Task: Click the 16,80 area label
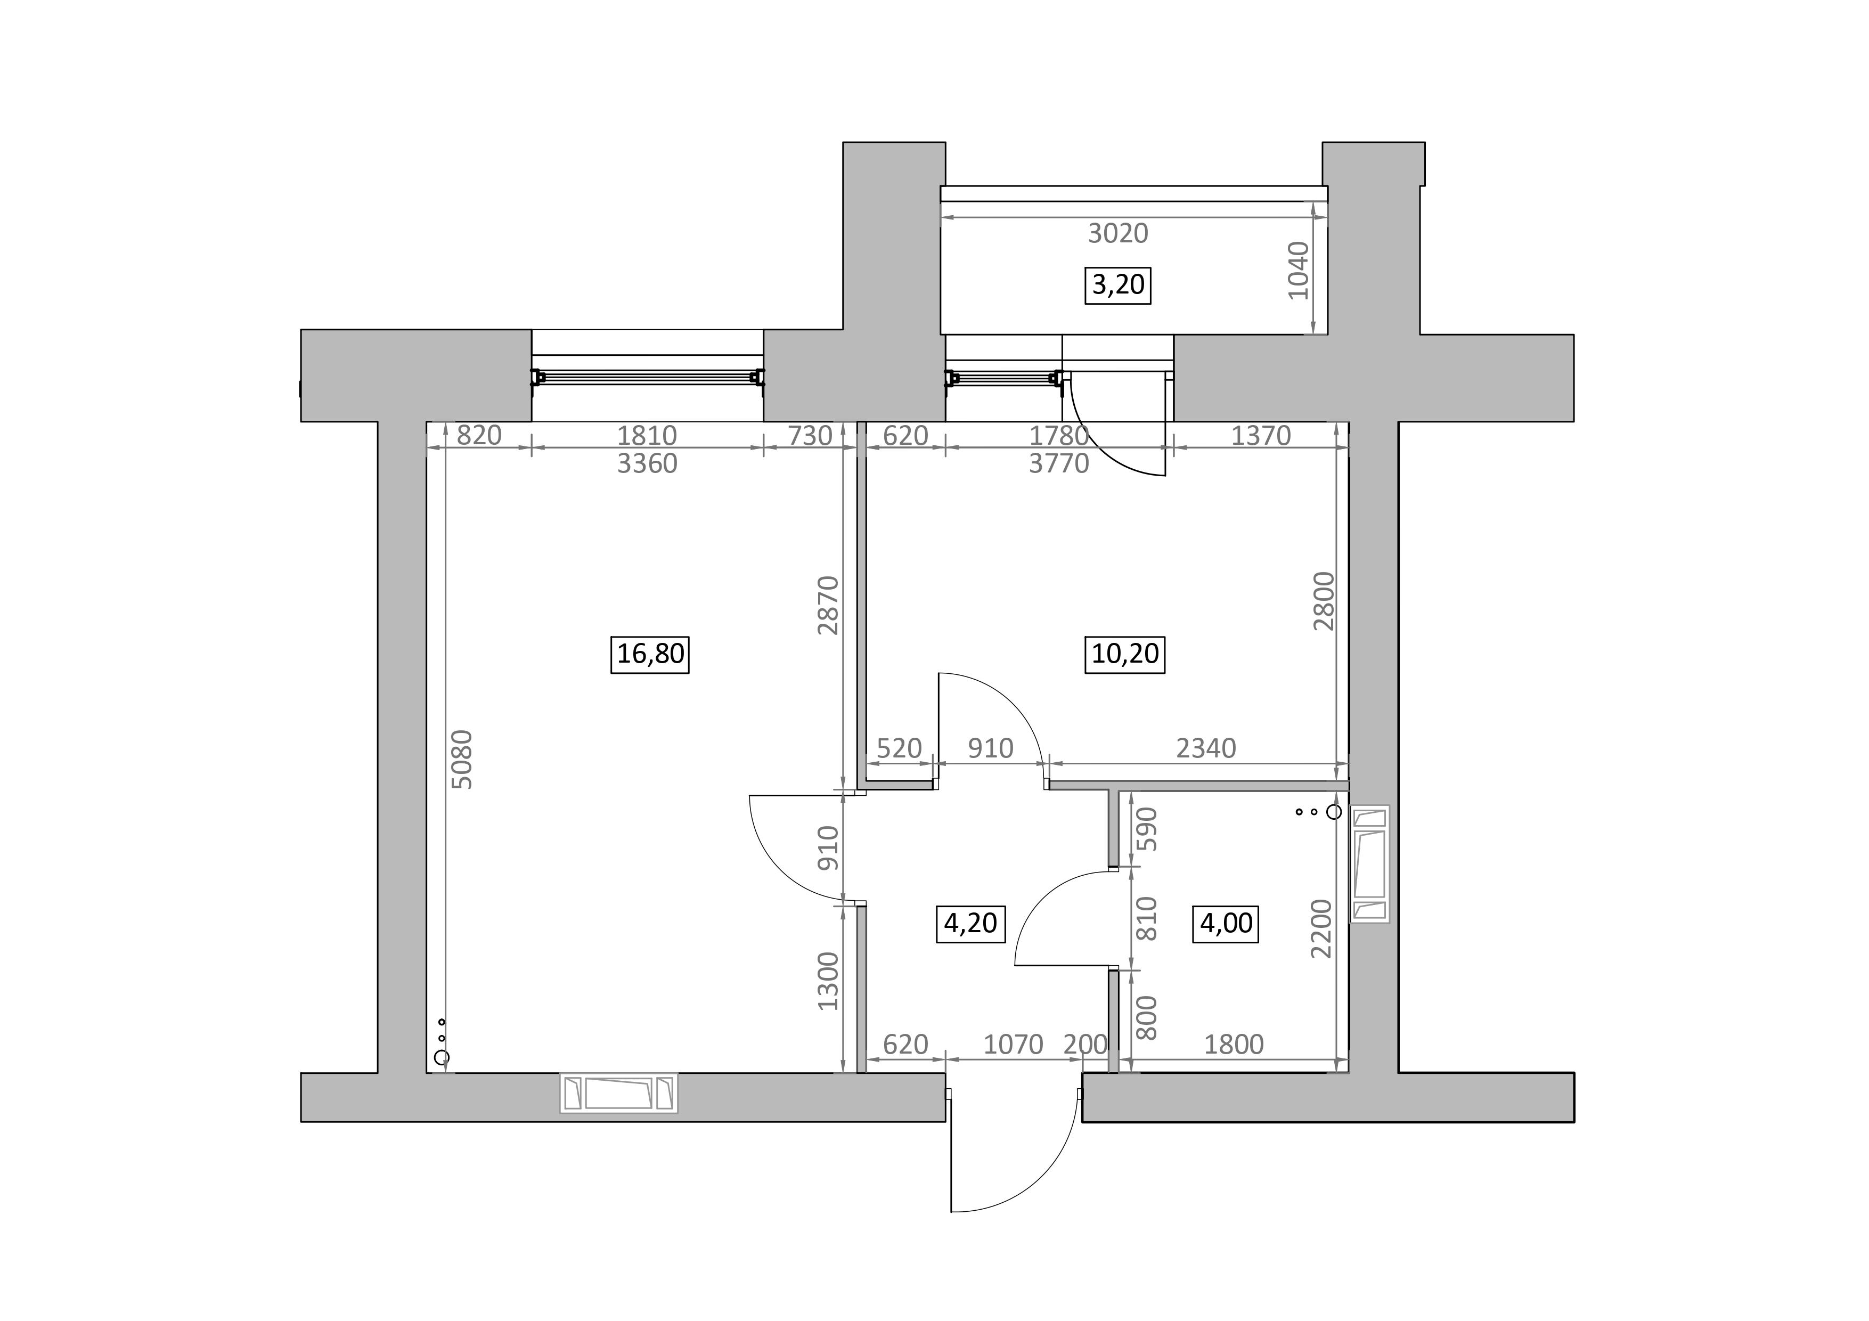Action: pos(650,654)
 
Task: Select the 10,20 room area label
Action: pos(1125,654)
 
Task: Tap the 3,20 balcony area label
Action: pos(1117,285)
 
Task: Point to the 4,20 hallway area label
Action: pos(969,923)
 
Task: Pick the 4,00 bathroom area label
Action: pos(1226,923)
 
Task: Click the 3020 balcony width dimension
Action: pos(1119,234)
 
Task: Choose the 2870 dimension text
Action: pos(828,606)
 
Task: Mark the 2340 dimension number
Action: pos(1206,748)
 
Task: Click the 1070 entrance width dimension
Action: pos(1014,1044)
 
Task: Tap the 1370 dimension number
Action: pos(1261,436)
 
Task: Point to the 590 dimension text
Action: pos(1147,829)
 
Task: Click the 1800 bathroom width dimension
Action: pos(1234,1044)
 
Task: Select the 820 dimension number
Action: pos(479,436)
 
